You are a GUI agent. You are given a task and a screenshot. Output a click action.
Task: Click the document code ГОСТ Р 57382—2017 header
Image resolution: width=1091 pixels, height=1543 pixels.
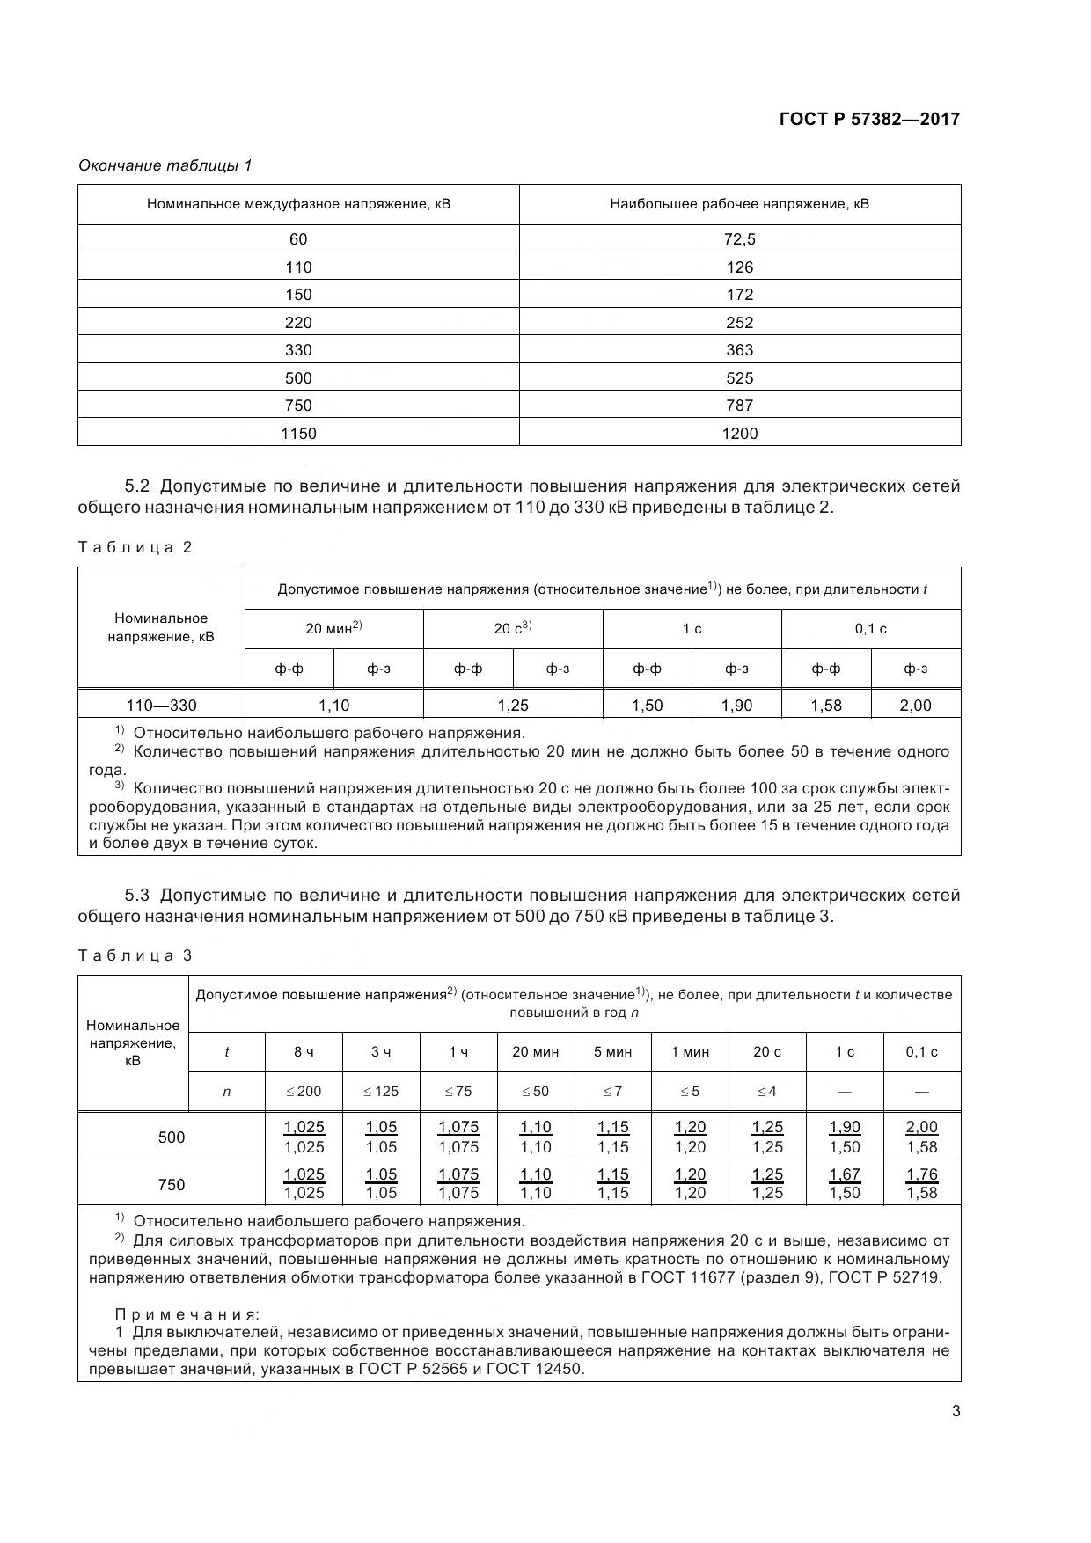tap(869, 119)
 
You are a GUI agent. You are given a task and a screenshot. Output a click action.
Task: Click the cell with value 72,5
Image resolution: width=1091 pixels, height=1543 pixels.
tap(739, 239)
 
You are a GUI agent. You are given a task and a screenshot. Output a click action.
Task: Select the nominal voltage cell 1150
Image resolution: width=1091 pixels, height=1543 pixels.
tap(298, 433)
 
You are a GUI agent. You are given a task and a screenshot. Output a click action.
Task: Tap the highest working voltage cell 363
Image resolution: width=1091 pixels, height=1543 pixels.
tap(739, 350)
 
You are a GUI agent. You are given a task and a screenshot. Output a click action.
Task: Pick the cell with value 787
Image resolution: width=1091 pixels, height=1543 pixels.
tap(739, 406)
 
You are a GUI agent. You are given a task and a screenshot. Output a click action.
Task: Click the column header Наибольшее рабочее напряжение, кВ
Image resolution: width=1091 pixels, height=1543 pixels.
tap(739, 204)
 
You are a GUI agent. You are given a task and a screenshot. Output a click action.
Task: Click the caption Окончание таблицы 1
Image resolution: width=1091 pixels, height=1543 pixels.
tap(165, 165)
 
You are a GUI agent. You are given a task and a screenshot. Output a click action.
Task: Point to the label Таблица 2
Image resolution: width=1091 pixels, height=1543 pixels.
tap(135, 547)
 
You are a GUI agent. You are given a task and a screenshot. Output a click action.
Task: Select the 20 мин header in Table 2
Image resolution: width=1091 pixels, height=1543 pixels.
tap(333, 628)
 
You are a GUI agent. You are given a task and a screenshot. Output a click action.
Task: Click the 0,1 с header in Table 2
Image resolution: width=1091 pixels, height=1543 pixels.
tap(870, 628)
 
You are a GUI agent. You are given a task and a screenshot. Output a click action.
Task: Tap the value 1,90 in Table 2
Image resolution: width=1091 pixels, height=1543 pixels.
tap(736, 705)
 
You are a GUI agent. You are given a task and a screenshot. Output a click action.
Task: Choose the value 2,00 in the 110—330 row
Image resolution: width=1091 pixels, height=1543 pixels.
tap(915, 705)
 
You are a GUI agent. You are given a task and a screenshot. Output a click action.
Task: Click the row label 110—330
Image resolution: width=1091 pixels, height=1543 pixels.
tap(161, 705)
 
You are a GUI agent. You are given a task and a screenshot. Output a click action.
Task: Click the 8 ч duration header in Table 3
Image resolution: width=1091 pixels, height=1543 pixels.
tap(304, 1052)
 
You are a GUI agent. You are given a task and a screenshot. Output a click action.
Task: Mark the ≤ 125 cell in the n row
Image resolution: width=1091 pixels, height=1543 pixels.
tap(380, 1092)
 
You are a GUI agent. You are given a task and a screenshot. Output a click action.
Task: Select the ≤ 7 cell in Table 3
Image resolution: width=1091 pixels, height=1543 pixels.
tap(612, 1092)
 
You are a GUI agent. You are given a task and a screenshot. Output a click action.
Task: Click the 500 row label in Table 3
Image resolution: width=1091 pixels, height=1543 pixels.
tap(172, 1137)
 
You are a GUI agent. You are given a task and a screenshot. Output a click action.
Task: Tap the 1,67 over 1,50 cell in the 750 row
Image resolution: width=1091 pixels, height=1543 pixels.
tap(845, 1183)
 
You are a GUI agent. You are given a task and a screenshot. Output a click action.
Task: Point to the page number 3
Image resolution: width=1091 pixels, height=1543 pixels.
tap(956, 1412)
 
